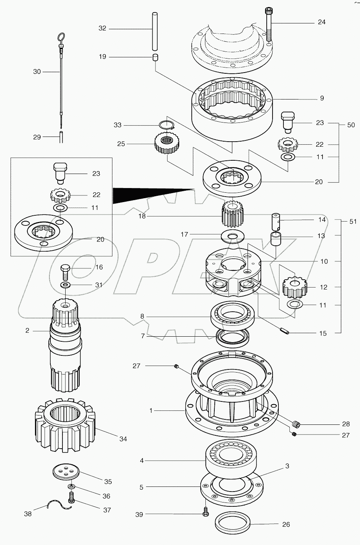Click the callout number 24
[x=321, y=22]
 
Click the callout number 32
[x=102, y=28]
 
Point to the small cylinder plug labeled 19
[x=155, y=58]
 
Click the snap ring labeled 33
[x=168, y=125]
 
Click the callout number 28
[x=346, y=424]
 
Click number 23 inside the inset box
[x=96, y=174]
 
